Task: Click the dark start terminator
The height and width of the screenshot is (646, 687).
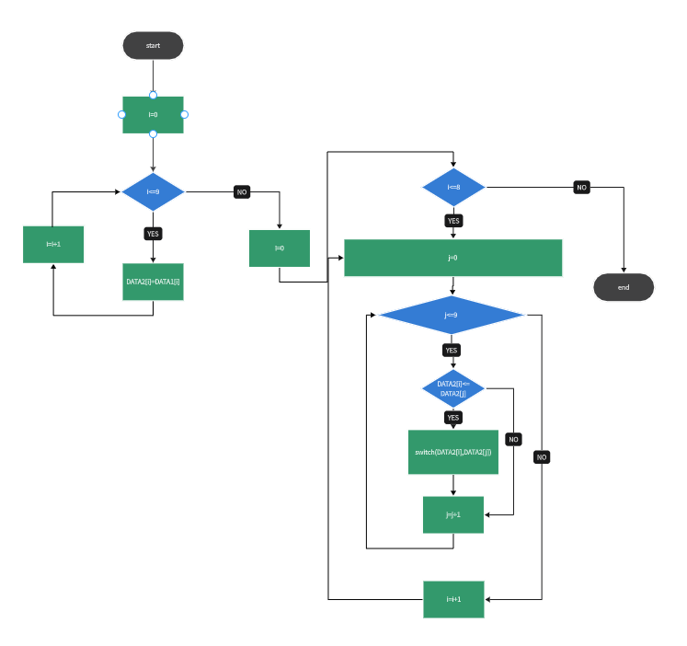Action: [153, 45]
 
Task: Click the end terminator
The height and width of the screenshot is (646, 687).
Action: [624, 287]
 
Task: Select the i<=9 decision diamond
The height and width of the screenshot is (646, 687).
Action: [153, 191]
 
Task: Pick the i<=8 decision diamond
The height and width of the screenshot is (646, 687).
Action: [453, 187]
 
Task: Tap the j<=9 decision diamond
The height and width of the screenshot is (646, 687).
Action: [452, 315]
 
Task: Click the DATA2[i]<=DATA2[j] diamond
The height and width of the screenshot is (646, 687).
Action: [453, 388]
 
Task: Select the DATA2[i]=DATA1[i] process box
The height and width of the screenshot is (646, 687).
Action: [153, 282]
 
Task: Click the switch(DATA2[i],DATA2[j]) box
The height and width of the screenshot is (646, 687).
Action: [453, 452]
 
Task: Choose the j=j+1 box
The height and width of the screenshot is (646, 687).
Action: [453, 514]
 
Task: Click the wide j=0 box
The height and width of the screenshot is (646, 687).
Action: [453, 258]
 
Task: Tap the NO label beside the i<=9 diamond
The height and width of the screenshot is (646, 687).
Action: [242, 192]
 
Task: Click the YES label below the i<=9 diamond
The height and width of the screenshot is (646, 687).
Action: [153, 234]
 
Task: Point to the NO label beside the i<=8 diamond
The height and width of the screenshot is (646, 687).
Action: [581, 188]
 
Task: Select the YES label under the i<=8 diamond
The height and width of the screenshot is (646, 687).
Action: [453, 221]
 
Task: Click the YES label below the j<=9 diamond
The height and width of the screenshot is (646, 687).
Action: [452, 351]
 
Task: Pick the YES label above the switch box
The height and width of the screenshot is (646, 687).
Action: [453, 417]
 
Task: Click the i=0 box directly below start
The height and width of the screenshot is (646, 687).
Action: [153, 115]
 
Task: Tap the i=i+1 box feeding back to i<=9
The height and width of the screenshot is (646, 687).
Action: [53, 245]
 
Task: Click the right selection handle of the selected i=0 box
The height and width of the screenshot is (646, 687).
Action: [185, 115]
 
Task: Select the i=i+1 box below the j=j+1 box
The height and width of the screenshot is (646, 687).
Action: [453, 600]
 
